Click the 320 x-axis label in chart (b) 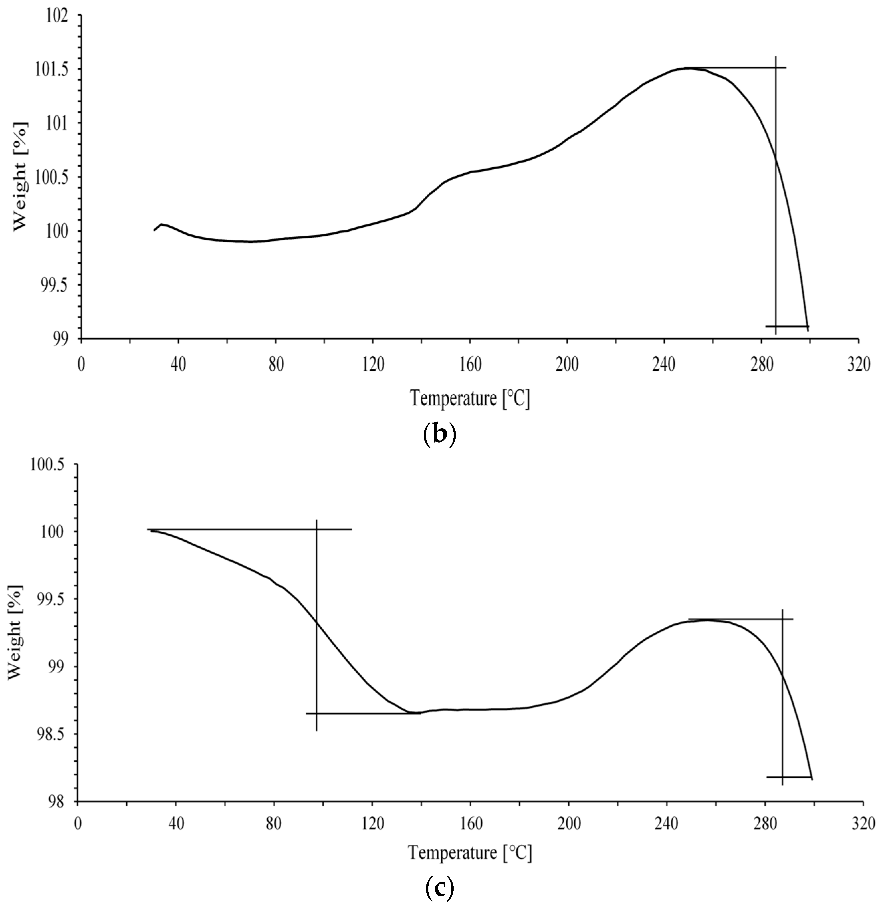click(858, 365)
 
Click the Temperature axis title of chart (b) click(470, 399)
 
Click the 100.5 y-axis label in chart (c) click(48, 465)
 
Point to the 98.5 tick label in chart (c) click(52, 735)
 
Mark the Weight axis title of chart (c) click(15, 633)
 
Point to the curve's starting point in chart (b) click(155, 230)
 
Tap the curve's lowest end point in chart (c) click(812, 779)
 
